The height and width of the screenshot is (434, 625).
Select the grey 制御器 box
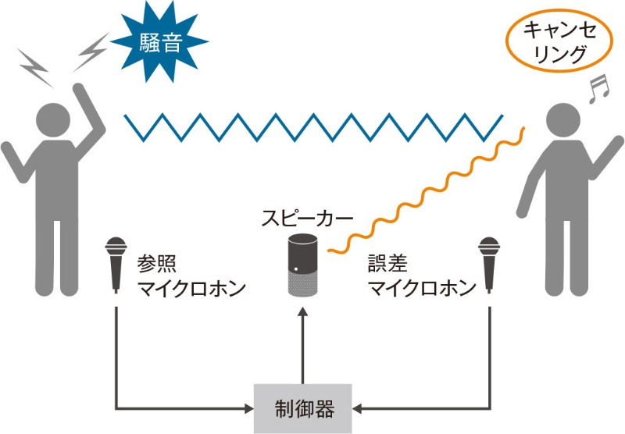(304, 407)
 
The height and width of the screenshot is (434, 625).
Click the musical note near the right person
(597, 89)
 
